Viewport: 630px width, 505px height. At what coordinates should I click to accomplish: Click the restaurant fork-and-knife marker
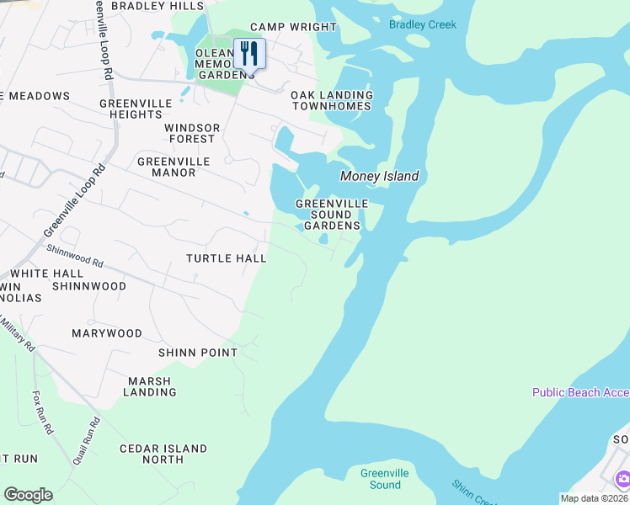[249, 54]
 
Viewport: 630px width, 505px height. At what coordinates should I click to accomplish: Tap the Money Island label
[379, 177]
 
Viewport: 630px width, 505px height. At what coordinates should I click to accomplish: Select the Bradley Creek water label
[423, 24]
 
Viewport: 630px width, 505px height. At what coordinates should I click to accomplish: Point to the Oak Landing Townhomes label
[332, 101]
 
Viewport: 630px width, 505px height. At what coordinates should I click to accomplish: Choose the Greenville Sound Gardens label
[332, 215]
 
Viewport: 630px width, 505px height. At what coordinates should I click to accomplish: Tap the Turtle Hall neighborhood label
[227, 258]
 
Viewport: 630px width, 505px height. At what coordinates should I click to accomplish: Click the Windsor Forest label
[192, 133]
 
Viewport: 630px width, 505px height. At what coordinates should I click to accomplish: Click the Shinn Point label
[198, 353]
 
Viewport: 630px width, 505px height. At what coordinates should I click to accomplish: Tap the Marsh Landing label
[152, 386]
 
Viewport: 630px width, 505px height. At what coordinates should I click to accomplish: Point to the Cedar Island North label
[163, 454]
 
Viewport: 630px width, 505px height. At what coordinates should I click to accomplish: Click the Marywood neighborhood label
[107, 333]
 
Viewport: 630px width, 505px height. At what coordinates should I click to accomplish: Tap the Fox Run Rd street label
[43, 411]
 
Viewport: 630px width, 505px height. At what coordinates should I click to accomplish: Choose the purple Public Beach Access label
[580, 393]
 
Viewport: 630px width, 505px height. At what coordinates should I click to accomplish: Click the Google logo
[28, 495]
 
